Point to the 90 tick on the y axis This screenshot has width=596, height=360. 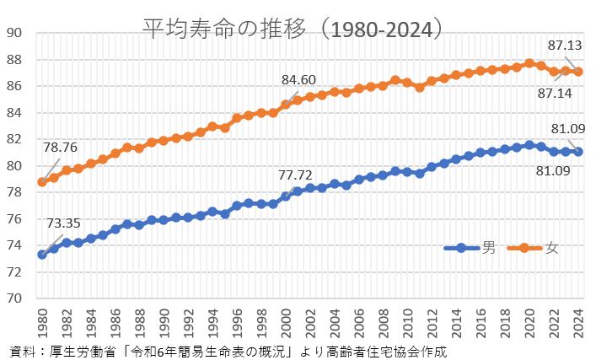pos(16,33)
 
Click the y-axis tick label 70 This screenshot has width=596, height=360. pos(16,298)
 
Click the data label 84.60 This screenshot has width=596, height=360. pos(298,80)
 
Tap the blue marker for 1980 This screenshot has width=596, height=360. pos(42,254)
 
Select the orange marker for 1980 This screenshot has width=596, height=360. pos(42,182)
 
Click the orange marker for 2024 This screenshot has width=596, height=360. pos(577,72)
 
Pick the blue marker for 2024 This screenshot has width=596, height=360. pos(577,152)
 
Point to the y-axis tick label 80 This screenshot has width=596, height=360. pos(16,166)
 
